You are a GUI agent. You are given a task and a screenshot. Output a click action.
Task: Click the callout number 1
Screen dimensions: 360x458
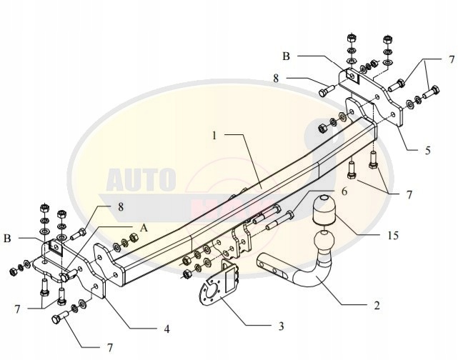pos(214,134)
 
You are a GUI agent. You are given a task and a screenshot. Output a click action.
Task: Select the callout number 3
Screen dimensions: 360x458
pos(282,326)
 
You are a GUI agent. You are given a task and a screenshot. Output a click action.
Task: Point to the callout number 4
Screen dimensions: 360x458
pos(166,330)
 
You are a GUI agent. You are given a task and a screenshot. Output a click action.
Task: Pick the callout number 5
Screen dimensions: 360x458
pos(427,151)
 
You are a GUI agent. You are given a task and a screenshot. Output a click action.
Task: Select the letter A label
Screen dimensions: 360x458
pos(143,228)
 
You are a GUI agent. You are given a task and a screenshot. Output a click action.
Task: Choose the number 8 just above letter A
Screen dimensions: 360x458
pos(121,206)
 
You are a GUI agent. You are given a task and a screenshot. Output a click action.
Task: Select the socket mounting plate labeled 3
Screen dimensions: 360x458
pos(219,289)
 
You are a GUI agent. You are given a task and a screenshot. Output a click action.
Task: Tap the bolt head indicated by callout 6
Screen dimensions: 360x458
pos(292,212)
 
